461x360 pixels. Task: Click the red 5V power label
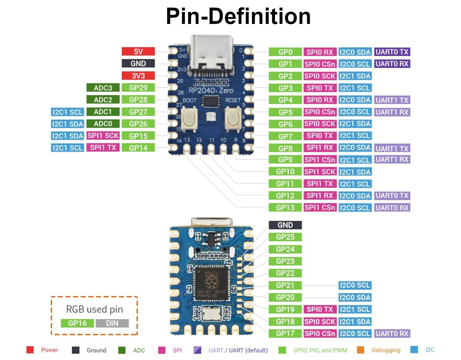[x=138, y=51]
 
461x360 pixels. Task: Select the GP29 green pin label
[x=138, y=88]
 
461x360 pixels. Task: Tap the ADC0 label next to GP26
[x=103, y=124]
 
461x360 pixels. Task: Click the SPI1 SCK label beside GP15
[x=103, y=136]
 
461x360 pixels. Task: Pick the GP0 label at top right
[x=285, y=52]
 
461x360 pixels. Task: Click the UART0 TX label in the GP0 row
[x=392, y=52]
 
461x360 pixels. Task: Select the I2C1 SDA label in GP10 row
[x=355, y=172]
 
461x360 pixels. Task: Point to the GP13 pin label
[x=285, y=208]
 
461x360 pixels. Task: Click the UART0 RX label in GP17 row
[x=392, y=334]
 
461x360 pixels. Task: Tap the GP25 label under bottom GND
[x=285, y=237]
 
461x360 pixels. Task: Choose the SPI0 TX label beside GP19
[x=320, y=310]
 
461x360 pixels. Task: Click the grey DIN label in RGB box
[x=112, y=323]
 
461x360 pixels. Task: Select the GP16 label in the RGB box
[x=77, y=323]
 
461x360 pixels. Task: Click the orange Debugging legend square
[x=360, y=350]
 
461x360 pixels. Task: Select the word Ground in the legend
[x=96, y=350]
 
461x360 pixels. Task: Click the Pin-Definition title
[x=238, y=16]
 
